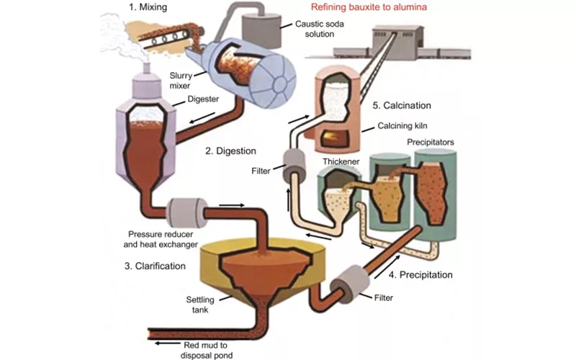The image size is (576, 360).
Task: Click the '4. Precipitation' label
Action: [420, 274]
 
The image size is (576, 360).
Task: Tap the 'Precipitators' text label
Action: [431, 143]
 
